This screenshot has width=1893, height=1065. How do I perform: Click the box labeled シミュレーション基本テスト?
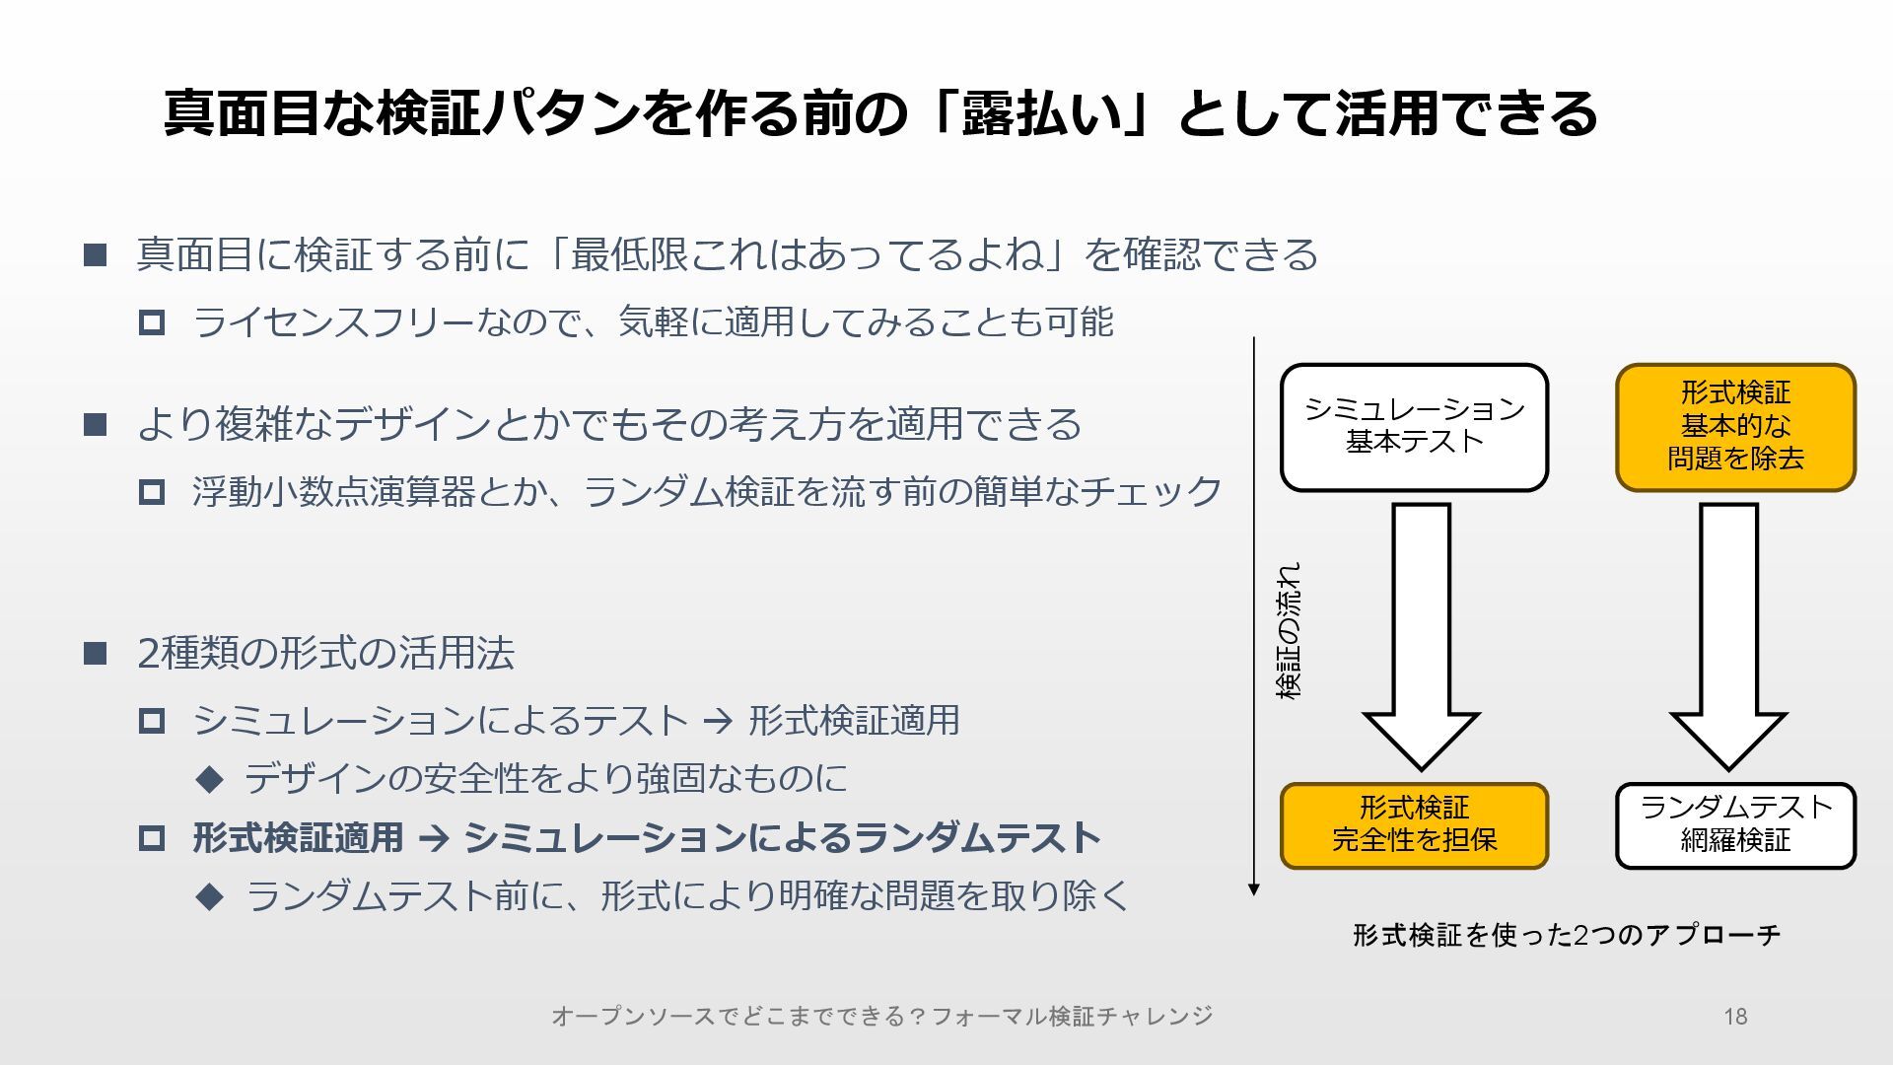pyautogui.click(x=1414, y=427)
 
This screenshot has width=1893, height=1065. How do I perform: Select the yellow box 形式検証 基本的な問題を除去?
pyautogui.click(x=1735, y=427)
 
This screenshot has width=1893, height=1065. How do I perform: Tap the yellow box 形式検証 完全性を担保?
pyautogui.click(x=1414, y=825)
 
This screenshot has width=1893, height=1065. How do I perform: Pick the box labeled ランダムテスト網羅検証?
pyautogui.click(x=1735, y=825)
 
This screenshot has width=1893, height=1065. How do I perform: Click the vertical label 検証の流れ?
pyautogui.click(x=1289, y=631)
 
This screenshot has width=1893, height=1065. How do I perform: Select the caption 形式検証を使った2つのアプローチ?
pyautogui.click(x=1567, y=935)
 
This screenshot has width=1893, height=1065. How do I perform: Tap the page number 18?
pyautogui.click(x=1735, y=1017)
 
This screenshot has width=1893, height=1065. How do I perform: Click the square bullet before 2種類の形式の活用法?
pyautogui.click(x=95, y=653)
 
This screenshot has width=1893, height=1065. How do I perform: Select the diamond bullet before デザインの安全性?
pyautogui.click(x=210, y=779)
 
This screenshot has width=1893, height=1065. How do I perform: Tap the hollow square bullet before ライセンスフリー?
pyautogui.click(x=152, y=322)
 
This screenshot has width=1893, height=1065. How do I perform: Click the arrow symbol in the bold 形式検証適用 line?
pyautogui.click(x=434, y=839)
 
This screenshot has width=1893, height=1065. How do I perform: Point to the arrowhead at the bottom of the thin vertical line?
pyautogui.click(x=1254, y=888)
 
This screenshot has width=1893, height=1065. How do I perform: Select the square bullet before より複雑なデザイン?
pyautogui.click(x=95, y=424)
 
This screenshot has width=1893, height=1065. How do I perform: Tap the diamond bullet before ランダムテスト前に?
pyautogui.click(x=210, y=896)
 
